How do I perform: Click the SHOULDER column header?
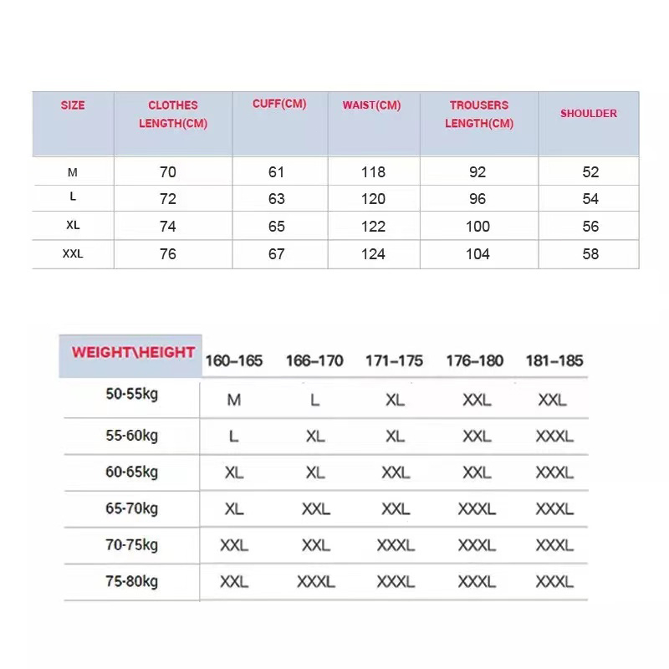tap(588, 114)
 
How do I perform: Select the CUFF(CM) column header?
tap(279, 105)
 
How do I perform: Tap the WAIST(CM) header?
tap(371, 105)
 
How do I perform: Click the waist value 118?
tap(373, 172)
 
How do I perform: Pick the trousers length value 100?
tap(477, 227)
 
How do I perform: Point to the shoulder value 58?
tap(590, 253)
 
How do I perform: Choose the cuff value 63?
tap(277, 199)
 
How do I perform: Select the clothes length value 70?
tap(168, 172)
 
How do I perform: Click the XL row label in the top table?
tap(73, 227)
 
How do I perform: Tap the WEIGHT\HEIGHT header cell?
tap(133, 353)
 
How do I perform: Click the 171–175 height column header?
tap(396, 361)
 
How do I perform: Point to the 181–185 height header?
tap(554, 361)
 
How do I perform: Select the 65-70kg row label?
tap(131, 508)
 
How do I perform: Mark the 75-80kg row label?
tap(131, 581)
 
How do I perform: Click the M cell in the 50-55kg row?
tap(234, 400)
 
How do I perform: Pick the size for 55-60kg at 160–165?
tap(234, 436)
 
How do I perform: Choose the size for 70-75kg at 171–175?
tap(396, 545)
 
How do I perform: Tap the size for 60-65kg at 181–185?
tap(554, 472)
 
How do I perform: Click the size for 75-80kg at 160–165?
tap(234, 581)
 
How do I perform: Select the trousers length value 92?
tap(477, 172)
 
